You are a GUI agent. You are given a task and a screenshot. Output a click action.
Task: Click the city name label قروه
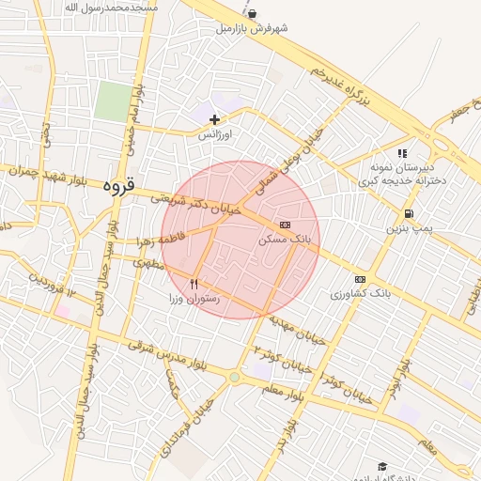click(119, 186)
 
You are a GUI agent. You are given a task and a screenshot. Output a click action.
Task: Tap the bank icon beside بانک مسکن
click(285, 225)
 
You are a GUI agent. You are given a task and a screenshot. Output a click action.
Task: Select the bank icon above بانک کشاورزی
click(360, 279)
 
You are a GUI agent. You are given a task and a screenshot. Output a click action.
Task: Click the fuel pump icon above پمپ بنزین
click(408, 213)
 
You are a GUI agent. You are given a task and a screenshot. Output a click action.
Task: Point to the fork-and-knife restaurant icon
click(194, 283)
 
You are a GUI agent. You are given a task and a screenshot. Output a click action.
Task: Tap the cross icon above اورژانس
click(215, 119)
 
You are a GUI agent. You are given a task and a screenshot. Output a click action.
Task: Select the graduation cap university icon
click(382, 466)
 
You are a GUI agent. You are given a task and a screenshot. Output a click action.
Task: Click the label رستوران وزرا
click(194, 299)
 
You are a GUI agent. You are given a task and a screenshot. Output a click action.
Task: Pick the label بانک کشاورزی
click(360, 294)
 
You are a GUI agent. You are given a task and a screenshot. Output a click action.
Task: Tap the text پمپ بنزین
click(410, 228)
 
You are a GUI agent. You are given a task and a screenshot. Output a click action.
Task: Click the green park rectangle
click(113, 101)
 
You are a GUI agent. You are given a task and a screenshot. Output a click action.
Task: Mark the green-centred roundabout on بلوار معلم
click(234, 378)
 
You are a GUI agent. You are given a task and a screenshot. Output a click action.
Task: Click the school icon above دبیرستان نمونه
click(402, 153)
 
